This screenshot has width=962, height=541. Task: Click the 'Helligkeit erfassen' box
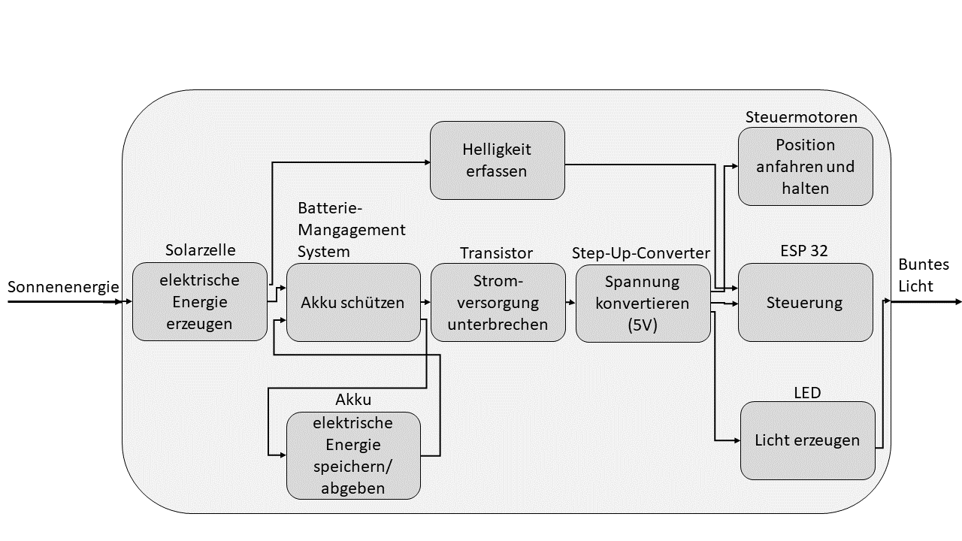click(497, 160)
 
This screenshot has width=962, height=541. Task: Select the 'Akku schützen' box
click(352, 302)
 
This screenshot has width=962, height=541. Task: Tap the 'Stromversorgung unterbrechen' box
click(498, 302)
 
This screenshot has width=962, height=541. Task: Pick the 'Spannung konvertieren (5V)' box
click(643, 302)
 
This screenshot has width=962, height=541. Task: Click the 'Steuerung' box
click(805, 302)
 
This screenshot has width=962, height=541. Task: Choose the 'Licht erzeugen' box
click(807, 440)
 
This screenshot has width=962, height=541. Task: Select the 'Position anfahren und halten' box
click(805, 166)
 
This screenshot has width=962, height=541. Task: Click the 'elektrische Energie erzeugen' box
click(200, 301)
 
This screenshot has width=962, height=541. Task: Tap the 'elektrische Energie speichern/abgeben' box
click(352, 455)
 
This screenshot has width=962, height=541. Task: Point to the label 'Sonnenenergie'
click(63, 286)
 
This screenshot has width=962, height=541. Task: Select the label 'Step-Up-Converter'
click(641, 252)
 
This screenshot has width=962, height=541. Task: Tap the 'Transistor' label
click(496, 252)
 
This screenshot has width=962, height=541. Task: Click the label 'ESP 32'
click(805, 251)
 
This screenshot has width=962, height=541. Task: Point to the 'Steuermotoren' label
click(801, 117)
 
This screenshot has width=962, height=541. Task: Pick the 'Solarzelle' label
click(200, 249)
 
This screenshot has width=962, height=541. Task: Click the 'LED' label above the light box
click(807, 392)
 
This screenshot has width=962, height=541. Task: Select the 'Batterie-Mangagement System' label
click(351, 229)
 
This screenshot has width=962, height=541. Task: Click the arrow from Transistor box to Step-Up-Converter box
click(570, 303)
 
